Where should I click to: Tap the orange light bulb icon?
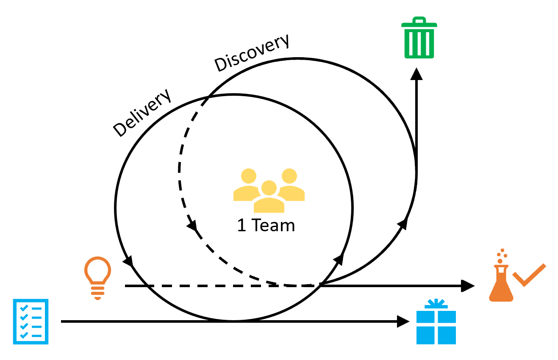[x=97, y=275]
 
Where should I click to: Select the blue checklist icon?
[x=31, y=321]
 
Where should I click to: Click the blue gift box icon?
[x=436, y=324]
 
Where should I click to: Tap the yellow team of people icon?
[x=269, y=190]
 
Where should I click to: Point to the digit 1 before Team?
[x=242, y=225]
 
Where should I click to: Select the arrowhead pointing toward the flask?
[x=467, y=286]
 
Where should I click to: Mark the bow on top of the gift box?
[x=436, y=304]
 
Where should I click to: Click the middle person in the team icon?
[x=269, y=196]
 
